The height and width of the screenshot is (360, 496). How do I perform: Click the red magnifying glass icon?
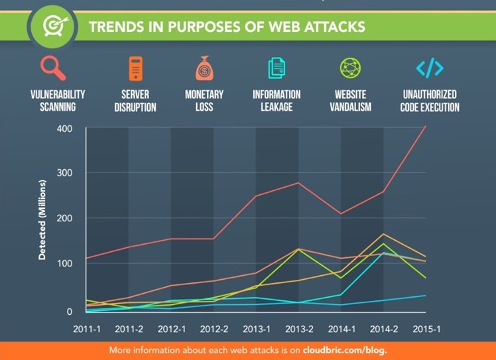[52, 68]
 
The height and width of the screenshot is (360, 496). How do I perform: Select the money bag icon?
[204, 68]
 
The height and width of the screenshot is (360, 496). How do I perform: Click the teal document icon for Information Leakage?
[276, 68]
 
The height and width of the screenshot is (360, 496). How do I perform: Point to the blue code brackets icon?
[429, 68]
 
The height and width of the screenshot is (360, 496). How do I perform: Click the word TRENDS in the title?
[116, 27]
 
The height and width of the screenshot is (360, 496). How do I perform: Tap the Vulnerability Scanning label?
[58, 100]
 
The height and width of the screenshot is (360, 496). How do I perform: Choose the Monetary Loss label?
[204, 100]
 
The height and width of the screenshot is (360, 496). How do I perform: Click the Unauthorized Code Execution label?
[430, 100]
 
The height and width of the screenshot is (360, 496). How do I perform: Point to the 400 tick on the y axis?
[64, 128]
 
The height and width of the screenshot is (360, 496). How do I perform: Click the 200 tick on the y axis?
[64, 218]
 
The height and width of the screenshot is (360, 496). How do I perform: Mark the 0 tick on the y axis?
[68, 310]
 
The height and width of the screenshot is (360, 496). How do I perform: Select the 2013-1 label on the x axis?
[256, 330]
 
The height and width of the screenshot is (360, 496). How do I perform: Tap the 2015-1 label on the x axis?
[426, 330]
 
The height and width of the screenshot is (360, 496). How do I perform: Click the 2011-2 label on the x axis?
[129, 330]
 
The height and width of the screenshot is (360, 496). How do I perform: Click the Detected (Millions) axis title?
[42, 218]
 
